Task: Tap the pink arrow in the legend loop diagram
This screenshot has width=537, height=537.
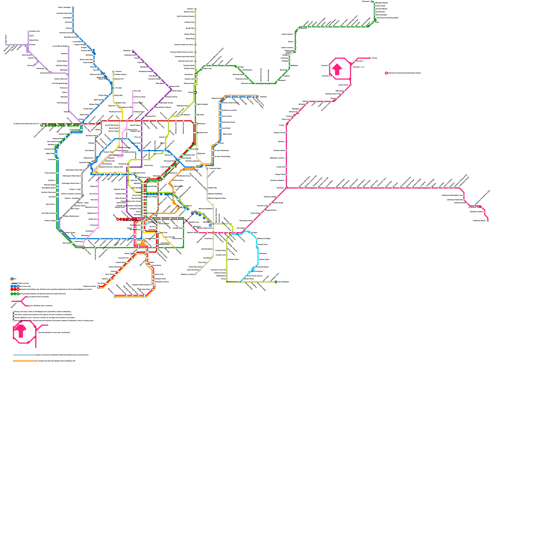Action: tap(20, 331)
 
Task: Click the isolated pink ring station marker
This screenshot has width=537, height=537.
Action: tap(386, 73)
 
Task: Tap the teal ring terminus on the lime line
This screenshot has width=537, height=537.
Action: tap(276, 282)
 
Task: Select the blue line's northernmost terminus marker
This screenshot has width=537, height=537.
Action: tap(73, 7)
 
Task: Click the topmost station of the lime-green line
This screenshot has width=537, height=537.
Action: tap(195, 9)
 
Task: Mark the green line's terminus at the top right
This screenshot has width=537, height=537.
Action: tap(372, 2)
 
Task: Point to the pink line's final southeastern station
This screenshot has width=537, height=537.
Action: tap(488, 221)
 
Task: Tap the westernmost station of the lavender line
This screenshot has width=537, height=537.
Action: tap(6, 45)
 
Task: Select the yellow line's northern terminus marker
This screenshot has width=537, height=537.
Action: tap(113, 71)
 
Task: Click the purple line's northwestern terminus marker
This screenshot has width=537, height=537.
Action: tap(133, 51)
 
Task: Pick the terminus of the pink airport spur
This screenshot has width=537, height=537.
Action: tap(370, 58)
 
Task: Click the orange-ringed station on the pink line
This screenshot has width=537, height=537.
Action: tap(213, 233)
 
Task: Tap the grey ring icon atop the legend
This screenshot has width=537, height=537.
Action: tap(12, 279)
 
